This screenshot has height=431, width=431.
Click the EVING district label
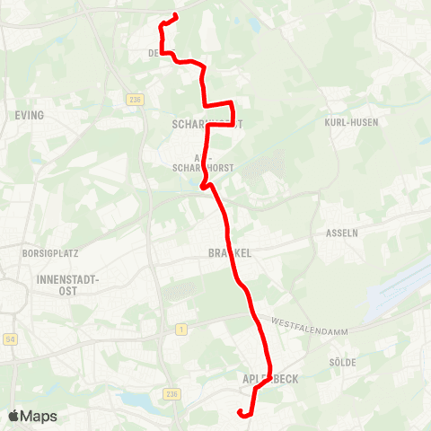(x=30, y=116)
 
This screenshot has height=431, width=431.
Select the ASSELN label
(x=342, y=232)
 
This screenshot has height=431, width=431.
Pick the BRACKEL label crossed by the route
(x=222, y=254)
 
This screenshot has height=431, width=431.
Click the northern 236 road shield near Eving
(x=136, y=100)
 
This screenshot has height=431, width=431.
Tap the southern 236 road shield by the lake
(x=172, y=394)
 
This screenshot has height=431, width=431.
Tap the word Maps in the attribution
(x=40, y=417)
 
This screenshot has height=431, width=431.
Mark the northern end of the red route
(x=175, y=15)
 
